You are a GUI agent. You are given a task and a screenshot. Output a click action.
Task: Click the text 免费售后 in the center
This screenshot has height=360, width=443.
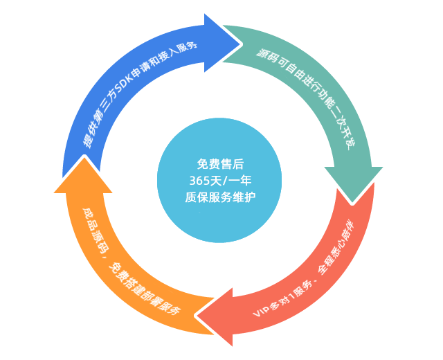220,164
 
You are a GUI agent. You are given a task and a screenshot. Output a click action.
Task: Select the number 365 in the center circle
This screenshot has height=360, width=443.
201,180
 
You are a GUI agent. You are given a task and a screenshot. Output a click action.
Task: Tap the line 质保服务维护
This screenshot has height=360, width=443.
220,197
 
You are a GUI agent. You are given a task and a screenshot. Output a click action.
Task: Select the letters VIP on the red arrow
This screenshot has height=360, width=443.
261,307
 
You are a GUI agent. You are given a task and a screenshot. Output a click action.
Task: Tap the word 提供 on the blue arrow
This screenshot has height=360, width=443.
89,139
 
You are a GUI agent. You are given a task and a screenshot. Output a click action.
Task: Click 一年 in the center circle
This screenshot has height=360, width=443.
239,180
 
